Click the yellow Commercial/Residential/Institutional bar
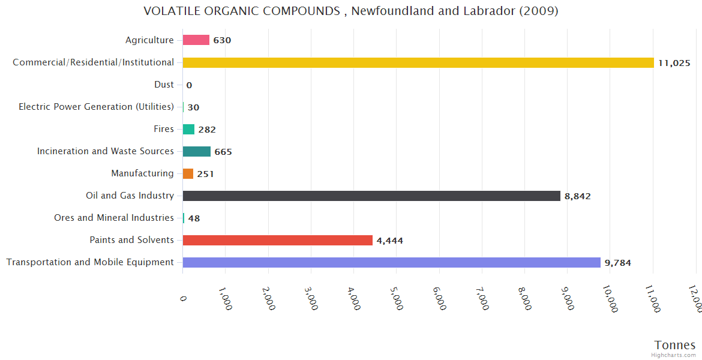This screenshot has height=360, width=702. pyautogui.click(x=418, y=62)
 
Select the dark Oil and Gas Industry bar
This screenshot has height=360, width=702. pyautogui.click(x=371, y=196)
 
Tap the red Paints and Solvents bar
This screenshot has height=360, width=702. pyautogui.click(x=278, y=240)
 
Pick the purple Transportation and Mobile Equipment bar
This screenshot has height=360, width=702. pyautogui.click(x=391, y=262)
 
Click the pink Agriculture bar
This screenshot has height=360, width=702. pyautogui.click(x=196, y=40)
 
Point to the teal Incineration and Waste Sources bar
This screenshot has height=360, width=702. pyautogui.click(x=197, y=151)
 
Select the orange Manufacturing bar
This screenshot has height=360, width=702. pyautogui.click(x=188, y=173)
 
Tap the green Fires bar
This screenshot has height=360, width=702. pyautogui.click(x=188, y=129)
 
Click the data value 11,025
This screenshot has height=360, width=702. pyautogui.click(x=674, y=63)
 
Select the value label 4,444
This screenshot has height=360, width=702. pyautogui.click(x=389, y=241)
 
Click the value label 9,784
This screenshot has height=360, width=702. pyautogui.click(x=617, y=263)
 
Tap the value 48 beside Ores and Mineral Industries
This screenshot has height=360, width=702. pyautogui.click(x=194, y=218)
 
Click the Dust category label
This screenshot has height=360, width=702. pyautogui.click(x=164, y=85)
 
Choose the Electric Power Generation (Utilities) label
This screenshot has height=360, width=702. pyautogui.click(x=96, y=107)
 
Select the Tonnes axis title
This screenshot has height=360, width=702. pyautogui.click(x=674, y=345)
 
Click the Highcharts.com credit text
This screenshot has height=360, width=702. pyautogui.click(x=674, y=355)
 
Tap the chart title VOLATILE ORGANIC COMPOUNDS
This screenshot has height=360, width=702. pyautogui.click(x=351, y=11)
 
